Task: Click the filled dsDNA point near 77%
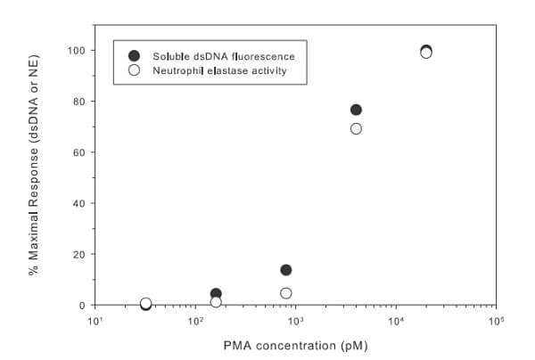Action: pyautogui.click(x=356, y=110)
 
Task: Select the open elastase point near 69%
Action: pyautogui.click(x=356, y=128)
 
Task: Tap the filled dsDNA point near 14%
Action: pyautogui.click(x=286, y=270)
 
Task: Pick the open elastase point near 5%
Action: pyautogui.click(x=286, y=293)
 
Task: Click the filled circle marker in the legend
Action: pyautogui.click(x=134, y=56)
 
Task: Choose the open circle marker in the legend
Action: pyautogui.click(x=134, y=70)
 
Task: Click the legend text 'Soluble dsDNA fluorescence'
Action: pyautogui.click(x=223, y=56)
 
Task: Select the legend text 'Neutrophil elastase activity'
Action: pyautogui.click(x=219, y=70)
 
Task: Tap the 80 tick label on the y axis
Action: pyautogui.click(x=79, y=102)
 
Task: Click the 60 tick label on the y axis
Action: pyautogui.click(x=79, y=152)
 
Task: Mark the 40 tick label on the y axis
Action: pyautogui.click(x=79, y=203)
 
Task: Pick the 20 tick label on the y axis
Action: pyautogui.click(x=79, y=254)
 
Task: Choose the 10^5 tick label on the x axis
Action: pyautogui.click(x=496, y=321)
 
